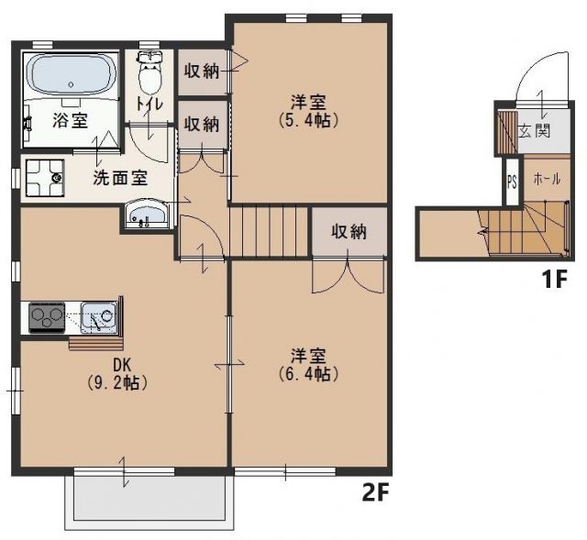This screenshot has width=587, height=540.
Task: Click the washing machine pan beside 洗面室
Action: tap(43, 177)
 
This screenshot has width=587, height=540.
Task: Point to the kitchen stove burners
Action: tap(44, 317)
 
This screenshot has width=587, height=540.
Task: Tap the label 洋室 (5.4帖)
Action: tap(307, 111)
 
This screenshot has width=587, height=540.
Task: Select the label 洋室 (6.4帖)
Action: tap(307, 365)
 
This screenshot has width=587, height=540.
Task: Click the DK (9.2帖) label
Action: tap(121, 374)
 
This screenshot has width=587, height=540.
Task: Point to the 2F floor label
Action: tap(376, 493)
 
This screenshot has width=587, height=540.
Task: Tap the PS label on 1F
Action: tap(511, 182)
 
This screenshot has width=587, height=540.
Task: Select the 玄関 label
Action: tap(534, 131)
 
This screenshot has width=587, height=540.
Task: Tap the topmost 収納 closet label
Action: tap(201, 70)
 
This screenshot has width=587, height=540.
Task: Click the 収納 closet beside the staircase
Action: tap(349, 232)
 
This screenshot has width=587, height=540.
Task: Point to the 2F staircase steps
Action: tap(270, 230)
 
